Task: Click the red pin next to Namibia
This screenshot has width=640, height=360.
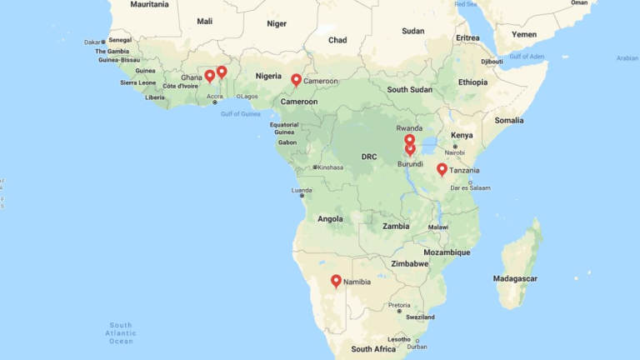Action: (336, 282)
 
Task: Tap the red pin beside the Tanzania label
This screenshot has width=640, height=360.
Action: (442, 169)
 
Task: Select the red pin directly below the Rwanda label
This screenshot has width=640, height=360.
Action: (409, 140)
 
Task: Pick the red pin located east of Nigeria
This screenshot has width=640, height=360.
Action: (296, 80)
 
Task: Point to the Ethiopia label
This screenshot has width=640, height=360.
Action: (472, 82)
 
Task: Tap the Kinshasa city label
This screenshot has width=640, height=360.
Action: (330, 167)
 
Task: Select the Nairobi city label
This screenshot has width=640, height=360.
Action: (454, 152)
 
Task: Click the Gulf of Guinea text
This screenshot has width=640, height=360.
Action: (240, 113)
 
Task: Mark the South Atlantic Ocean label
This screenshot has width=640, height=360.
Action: (121, 332)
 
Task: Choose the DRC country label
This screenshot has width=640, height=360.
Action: (369, 157)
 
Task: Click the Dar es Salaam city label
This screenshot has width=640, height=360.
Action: (470, 188)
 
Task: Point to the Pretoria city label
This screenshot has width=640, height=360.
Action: (399, 305)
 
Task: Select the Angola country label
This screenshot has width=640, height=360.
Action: (330, 219)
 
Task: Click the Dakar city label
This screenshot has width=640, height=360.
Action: (92, 41)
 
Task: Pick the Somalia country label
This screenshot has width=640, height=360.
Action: (508, 120)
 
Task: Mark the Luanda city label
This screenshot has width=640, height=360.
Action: (301, 190)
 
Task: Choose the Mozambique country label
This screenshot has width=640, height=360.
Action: (447, 252)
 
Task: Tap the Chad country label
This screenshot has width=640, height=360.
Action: (337, 39)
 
